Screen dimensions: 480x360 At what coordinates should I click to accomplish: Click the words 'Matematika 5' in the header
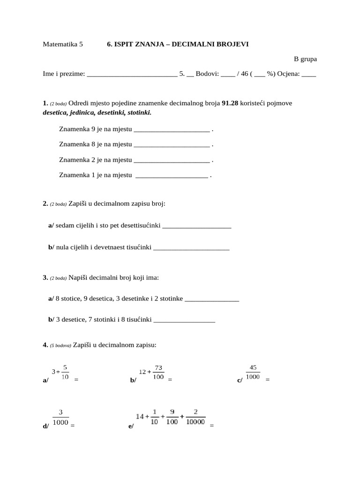(62, 44)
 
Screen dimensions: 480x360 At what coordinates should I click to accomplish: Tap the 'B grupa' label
(305, 59)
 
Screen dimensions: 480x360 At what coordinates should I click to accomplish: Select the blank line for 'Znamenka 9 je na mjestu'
(172, 129)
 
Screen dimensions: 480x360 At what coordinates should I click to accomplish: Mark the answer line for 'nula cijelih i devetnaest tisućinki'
(191, 248)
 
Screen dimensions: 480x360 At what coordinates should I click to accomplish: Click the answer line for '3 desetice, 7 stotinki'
(184, 320)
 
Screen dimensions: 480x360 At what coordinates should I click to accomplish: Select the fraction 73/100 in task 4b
(158, 372)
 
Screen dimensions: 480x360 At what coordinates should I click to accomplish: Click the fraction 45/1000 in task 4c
(253, 372)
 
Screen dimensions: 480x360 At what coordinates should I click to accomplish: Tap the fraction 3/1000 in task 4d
(61, 417)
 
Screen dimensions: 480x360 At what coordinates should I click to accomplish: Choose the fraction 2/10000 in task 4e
(195, 417)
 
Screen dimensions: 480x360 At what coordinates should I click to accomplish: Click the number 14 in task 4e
(140, 416)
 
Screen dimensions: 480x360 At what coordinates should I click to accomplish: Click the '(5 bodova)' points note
(60, 345)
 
